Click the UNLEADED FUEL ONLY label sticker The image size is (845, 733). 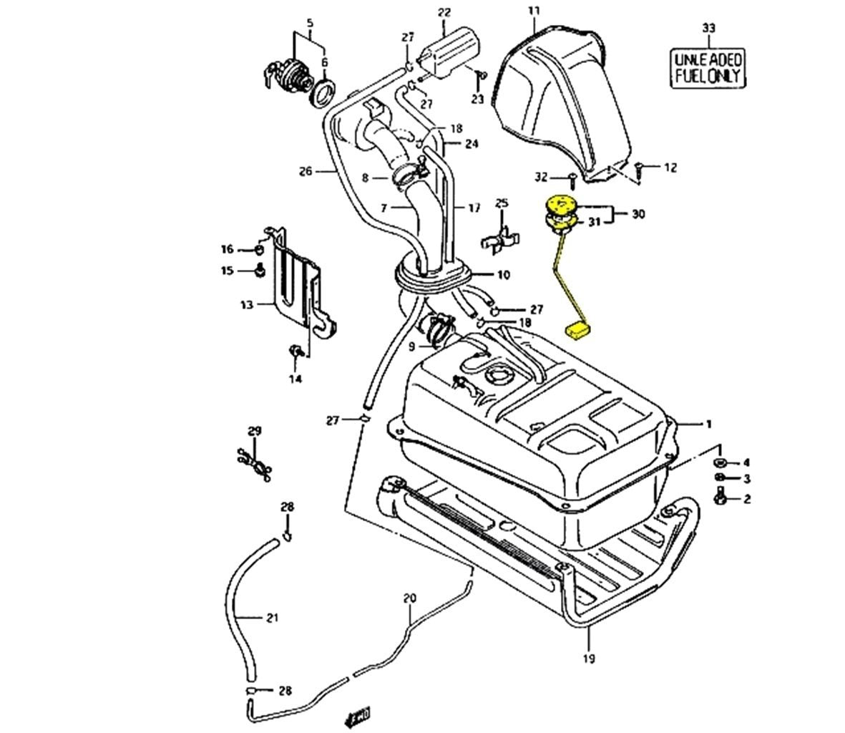tap(708, 67)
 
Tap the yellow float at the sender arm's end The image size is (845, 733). tap(577, 329)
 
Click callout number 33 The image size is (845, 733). tap(708, 28)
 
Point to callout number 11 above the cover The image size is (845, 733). tap(534, 11)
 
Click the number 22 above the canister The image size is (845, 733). tap(444, 13)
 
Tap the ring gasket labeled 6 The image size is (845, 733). tap(323, 93)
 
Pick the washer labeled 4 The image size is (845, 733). tap(721, 462)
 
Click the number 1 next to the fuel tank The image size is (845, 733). tap(708, 424)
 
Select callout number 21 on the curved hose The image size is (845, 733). tap(272, 617)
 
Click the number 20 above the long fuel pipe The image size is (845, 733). tap(409, 597)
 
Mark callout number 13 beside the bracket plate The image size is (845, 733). tap(246, 305)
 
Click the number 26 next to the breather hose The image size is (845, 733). tap(306, 171)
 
